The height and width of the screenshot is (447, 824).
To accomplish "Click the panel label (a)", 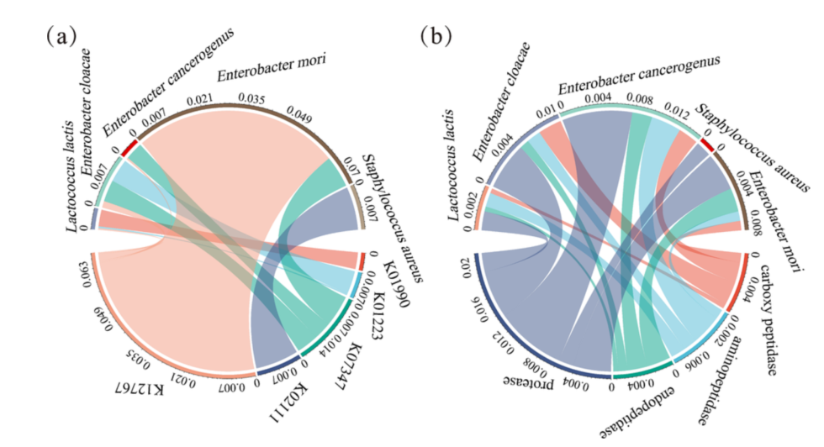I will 62,36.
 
